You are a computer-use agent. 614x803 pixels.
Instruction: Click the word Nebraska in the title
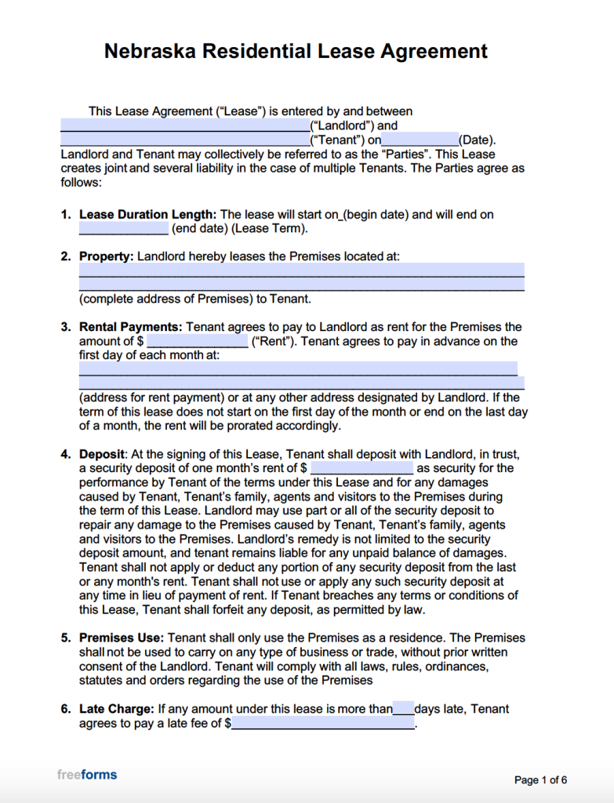(x=150, y=52)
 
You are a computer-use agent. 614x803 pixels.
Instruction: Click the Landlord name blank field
(x=185, y=125)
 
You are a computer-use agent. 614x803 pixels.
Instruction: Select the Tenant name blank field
(x=185, y=140)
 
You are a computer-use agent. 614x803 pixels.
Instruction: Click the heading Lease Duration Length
(x=147, y=214)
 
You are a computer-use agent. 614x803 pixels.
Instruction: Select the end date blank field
(x=123, y=229)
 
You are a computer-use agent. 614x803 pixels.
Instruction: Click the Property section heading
(x=107, y=256)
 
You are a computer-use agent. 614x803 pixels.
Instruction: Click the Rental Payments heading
(x=131, y=327)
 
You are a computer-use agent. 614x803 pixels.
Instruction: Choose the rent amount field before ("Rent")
(x=198, y=342)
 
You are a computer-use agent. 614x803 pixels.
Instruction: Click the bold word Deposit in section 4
(x=102, y=454)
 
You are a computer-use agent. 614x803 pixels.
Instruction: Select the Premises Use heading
(x=122, y=638)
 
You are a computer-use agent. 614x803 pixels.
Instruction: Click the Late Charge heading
(x=117, y=709)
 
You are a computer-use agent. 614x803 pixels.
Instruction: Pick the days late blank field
(x=403, y=709)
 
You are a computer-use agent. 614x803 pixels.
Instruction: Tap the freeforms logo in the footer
(x=87, y=775)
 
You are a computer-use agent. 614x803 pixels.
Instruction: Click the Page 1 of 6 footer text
(x=540, y=779)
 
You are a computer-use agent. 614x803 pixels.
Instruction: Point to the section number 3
(x=66, y=327)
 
